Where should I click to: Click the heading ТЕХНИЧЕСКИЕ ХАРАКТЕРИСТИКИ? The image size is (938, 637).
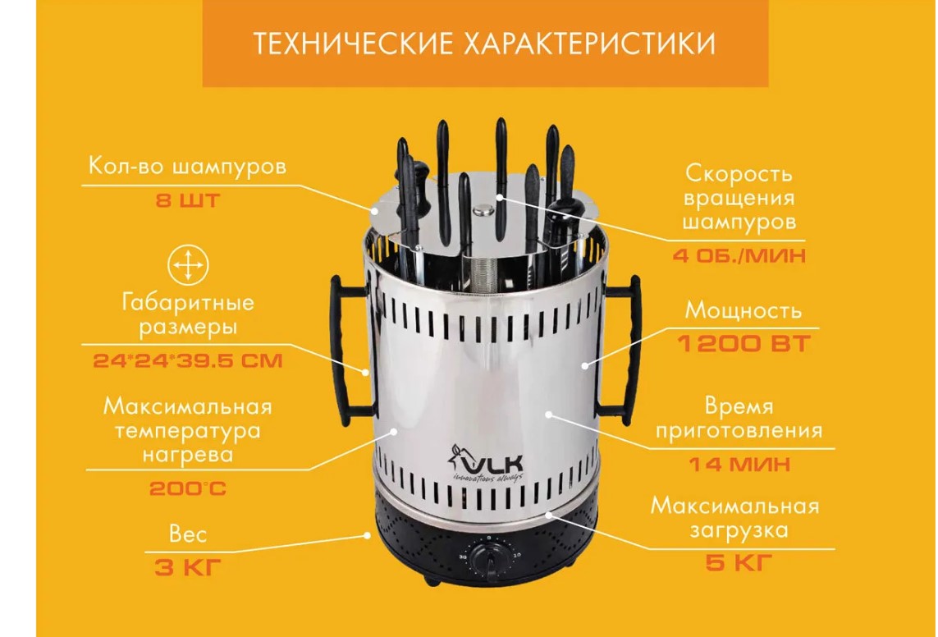(x=484, y=44)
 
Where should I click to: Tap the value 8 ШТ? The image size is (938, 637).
(x=188, y=199)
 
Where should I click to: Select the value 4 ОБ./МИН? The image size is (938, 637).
(x=739, y=256)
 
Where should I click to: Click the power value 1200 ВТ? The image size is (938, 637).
(x=744, y=344)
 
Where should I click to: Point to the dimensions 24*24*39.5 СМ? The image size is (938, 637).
(x=188, y=360)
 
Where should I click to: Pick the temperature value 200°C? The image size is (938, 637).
(x=188, y=488)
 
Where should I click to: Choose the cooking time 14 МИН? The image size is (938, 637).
(x=739, y=464)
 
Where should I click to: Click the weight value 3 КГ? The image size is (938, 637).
(x=188, y=567)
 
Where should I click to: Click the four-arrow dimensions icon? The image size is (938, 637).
(x=188, y=264)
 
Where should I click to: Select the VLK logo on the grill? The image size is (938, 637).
(x=486, y=462)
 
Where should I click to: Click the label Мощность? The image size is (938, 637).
(x=743, y=310)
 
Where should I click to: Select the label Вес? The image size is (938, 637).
(x=188, y=534)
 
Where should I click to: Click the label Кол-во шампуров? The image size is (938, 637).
(x=188, y=167)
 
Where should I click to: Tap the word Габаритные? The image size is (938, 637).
(x=188, y=303)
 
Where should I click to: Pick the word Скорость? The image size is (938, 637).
(x=739, y=174)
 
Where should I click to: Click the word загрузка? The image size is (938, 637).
(x=739, y=530)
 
